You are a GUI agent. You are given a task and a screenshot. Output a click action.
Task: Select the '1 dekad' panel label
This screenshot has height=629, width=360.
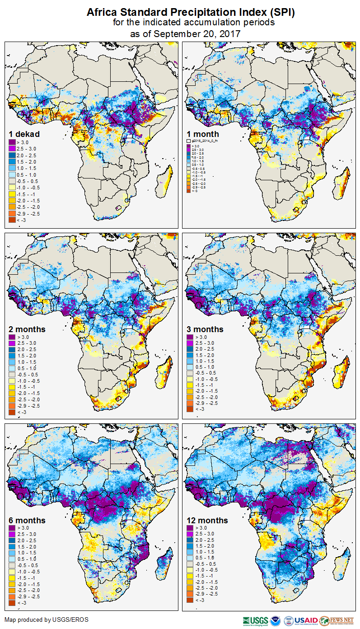click(x=25, y=134)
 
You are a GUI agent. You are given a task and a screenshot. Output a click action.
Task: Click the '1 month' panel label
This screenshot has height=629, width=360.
click(x=203, y=134)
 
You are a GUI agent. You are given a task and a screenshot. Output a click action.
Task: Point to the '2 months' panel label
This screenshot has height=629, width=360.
click(x=27, y=329)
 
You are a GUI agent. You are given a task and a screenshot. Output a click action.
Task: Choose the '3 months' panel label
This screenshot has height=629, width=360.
click(x=205, y=329)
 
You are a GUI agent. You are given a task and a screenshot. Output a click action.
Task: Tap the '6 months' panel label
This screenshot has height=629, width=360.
click(x=27, y=521)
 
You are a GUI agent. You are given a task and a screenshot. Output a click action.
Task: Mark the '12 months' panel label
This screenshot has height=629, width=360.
click(x=207, y=521)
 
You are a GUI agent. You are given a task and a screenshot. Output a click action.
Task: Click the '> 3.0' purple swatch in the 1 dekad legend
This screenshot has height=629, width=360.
click(x=12, y=142)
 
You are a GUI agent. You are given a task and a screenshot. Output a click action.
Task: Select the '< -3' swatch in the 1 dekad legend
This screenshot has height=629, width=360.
click(x=12, y=220)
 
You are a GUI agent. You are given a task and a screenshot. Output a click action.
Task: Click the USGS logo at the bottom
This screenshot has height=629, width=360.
click(x=255, y=620)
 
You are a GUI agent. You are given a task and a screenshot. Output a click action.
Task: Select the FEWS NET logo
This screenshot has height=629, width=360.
click(x=337, y=620)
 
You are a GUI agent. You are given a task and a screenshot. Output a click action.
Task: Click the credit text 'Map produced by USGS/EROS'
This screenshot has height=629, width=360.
click(x=47, y=620)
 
